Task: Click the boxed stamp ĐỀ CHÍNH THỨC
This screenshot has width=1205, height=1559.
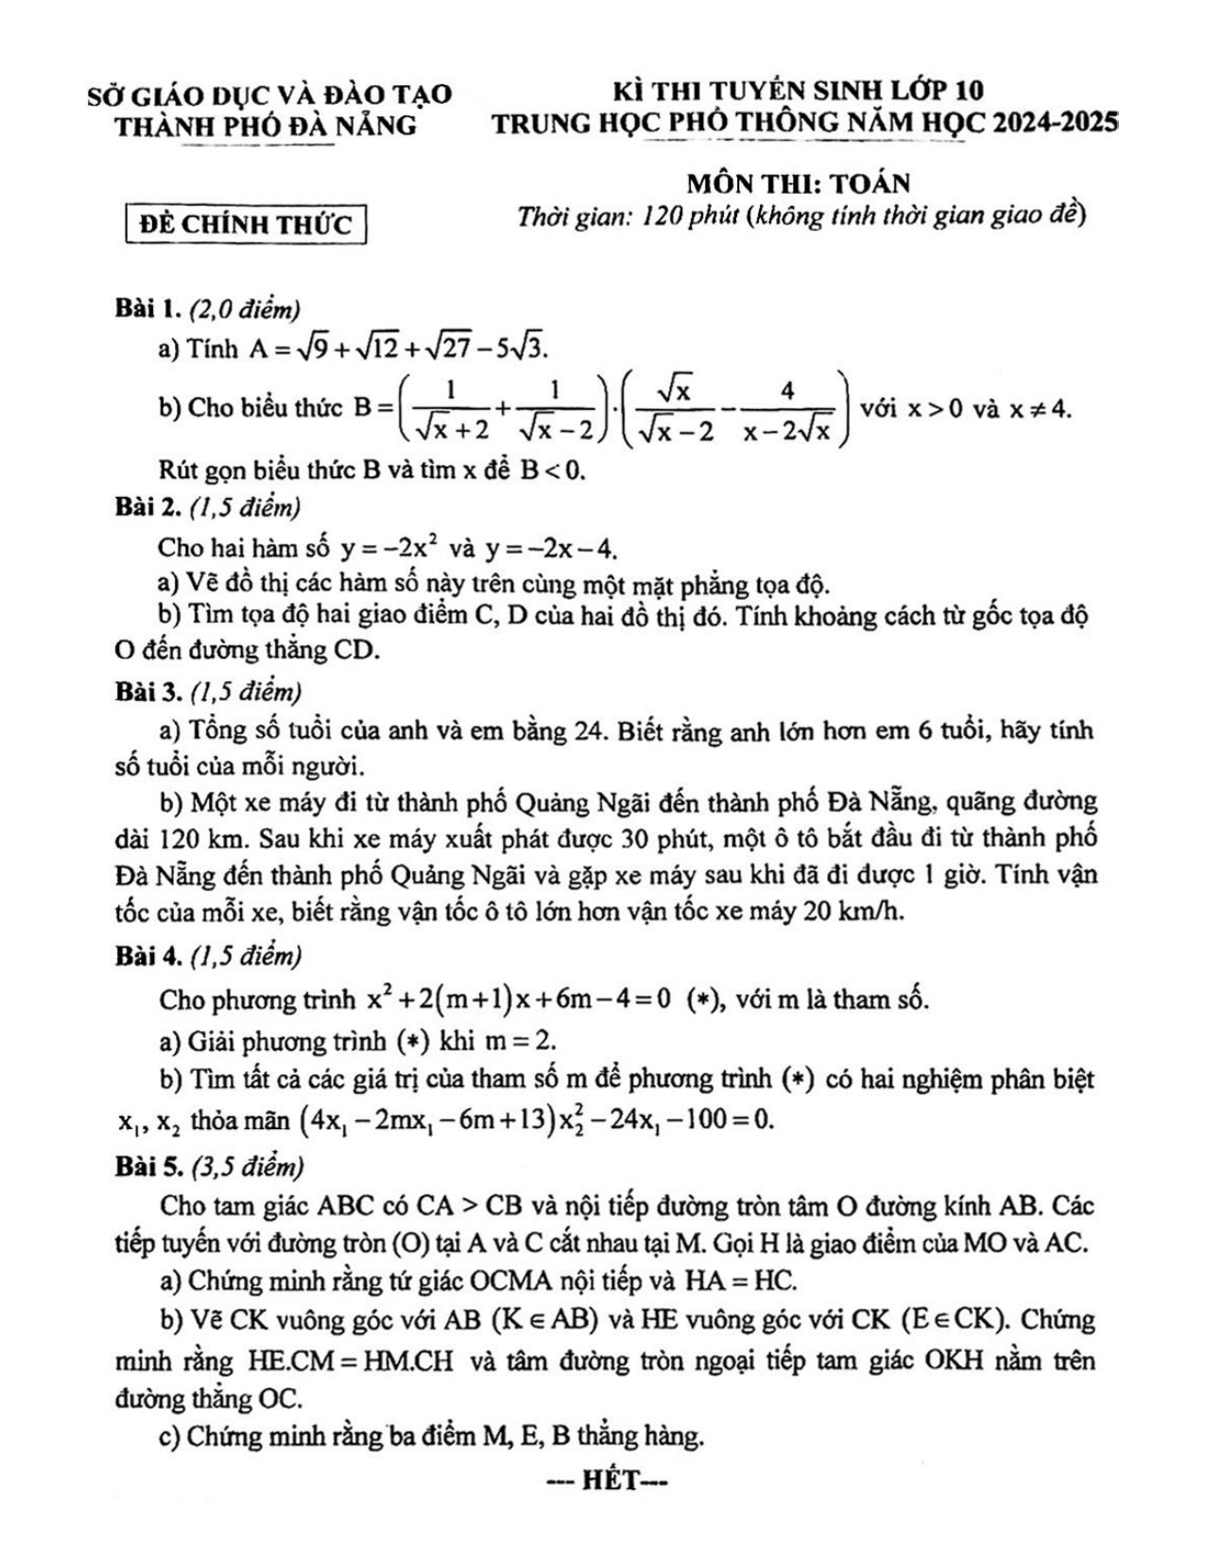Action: point(246,225)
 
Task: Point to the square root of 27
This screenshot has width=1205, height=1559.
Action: point(443,349)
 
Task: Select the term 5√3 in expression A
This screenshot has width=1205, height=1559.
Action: point(518,349)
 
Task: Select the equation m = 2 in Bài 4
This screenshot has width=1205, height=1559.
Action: point(519,1041)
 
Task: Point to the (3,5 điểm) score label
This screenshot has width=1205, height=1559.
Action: point(246,1168)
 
